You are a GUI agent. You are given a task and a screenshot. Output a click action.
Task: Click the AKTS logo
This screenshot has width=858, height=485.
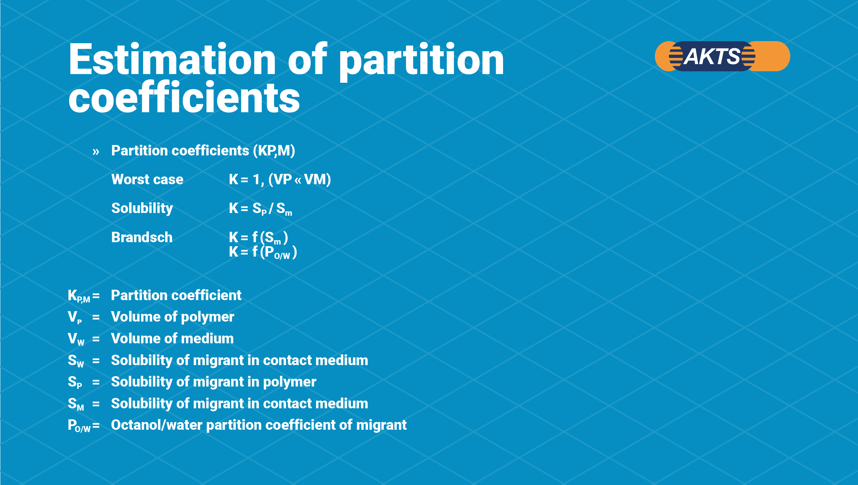722,56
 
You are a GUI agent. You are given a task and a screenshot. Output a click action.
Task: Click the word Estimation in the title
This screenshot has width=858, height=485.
172,60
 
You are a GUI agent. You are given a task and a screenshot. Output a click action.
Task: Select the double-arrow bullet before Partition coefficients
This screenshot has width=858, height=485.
96,152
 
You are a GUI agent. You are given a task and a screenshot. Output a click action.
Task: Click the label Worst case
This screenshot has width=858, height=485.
147,180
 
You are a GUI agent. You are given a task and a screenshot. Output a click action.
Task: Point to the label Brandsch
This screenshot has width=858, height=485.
142,237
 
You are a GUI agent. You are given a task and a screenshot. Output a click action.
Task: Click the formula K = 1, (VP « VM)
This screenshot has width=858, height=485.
280,180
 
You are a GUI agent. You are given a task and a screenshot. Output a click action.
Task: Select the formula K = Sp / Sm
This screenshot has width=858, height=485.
260,209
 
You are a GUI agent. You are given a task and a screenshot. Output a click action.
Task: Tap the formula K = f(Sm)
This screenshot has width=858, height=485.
258,237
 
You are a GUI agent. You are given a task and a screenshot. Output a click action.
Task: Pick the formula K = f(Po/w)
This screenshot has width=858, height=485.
263,252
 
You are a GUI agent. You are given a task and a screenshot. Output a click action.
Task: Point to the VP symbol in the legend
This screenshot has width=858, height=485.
75,317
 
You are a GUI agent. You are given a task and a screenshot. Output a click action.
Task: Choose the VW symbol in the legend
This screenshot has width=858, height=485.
76,339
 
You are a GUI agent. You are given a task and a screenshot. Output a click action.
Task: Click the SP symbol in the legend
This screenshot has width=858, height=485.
75,382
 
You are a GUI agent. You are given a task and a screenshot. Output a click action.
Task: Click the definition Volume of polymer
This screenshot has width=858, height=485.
173,317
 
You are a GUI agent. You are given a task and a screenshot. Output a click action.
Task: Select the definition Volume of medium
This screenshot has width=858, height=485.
172,339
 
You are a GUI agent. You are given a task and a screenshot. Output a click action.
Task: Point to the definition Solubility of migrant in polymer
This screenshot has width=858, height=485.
213,382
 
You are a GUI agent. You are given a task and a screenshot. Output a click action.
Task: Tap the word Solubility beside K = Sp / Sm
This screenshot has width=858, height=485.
142,209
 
